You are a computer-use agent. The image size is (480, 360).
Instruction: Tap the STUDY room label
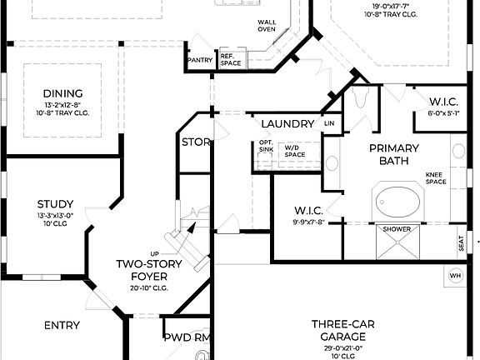coord(55,203)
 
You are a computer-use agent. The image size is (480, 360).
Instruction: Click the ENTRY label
coord(63,325)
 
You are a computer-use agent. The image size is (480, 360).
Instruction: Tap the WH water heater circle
coord(455,276)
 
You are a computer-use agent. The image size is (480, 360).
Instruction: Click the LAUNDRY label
coord(287,124)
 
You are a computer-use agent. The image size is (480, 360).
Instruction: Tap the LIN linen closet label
coord(329,123)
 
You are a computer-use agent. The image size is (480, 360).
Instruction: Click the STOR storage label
coord(196,142)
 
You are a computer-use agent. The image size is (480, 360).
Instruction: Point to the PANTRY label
coord(200,60)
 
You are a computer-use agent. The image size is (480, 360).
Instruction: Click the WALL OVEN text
coord(266,25)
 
